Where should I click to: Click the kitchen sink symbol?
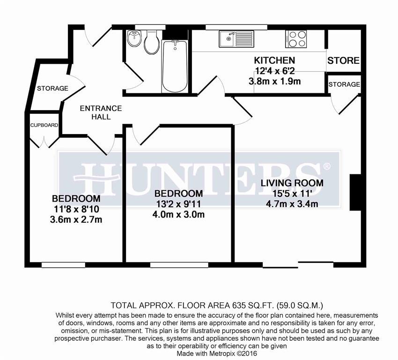pyautogui.click(x=233, y=39)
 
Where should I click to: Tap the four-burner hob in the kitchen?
pyautogui.click(x=295, y=39)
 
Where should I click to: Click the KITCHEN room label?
pyautogui.click(x=274, y=60)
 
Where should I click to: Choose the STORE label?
pyautogui.click(x=343, y=61)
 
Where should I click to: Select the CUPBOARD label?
pyautogui.click(x=44, y=125)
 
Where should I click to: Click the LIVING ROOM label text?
pyautogui.click(x=292, y=183)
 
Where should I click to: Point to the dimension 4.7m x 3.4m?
pyautogui.click(x=292, y=203)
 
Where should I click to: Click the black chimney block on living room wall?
pyautogui.click(x=355, y=193)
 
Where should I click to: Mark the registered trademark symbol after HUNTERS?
pyautogui.click(x=326, y=166)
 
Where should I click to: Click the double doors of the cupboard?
pyautogui.click(x=44, y=140)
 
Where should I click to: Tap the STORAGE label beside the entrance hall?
pyautogui.click(x=52, y=88)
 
